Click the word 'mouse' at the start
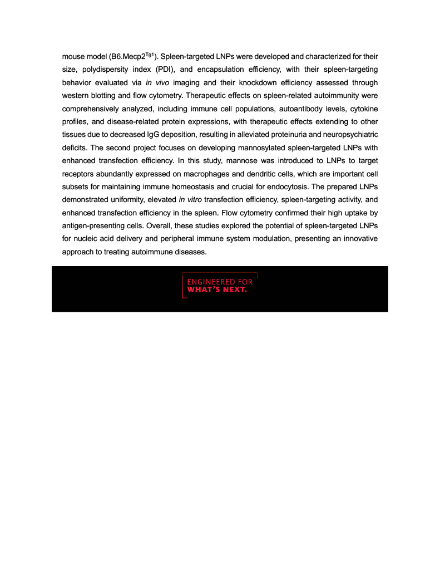pyautogui.click(x=73, y=57)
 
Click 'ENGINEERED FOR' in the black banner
pyautogui.click(x=220, y=282)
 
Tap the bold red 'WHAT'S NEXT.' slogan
pyautogui.click(x=217, y=290)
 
